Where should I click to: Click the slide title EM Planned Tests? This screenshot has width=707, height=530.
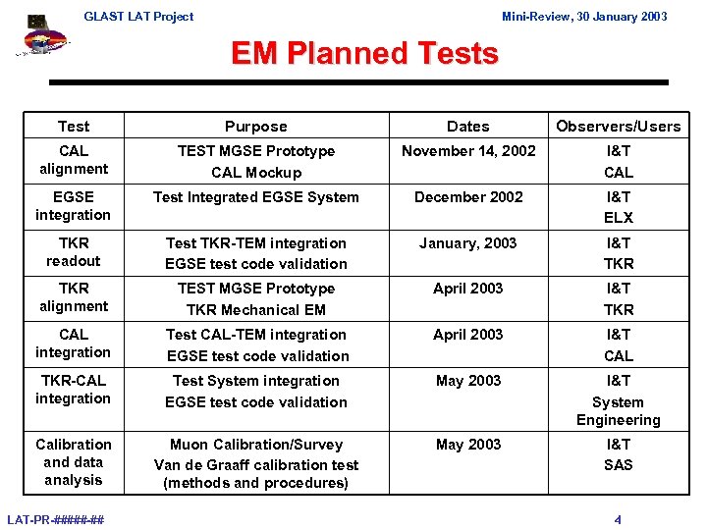(x=364, y=53)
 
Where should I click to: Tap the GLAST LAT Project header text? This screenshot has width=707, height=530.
(x=138, y=16)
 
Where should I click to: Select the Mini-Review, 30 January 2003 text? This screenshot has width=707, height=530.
(x=584, y=16)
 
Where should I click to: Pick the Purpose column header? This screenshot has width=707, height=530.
(x=256, y=126)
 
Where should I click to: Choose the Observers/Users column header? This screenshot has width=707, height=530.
(x=618, y=126)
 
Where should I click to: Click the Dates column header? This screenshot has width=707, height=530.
(x=468, y=126)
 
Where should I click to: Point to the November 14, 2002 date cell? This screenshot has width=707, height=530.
(x=468, y=151)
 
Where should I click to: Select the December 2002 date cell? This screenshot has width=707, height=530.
(x=468, y=196)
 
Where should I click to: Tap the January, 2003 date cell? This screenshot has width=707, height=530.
(x=468, y=242)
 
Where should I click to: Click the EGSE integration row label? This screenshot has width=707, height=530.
(x=74, y=205)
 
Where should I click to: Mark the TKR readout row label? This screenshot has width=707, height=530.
(x=74, y=251)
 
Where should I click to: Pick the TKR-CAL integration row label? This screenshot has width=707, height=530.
(x=74, y=389)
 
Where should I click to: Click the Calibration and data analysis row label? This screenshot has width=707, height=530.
(x=74, y=461)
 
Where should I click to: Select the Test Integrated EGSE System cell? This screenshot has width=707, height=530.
(x=256, y=196)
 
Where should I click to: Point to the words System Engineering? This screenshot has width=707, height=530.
(x=618, y=411)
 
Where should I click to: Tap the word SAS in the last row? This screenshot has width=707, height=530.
(x=618, y=465)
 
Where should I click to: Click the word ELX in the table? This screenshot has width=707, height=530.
(x=618, y=218)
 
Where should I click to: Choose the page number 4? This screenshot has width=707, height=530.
(x=618, y=519)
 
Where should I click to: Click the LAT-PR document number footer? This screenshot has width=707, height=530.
(x=56, y=519)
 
